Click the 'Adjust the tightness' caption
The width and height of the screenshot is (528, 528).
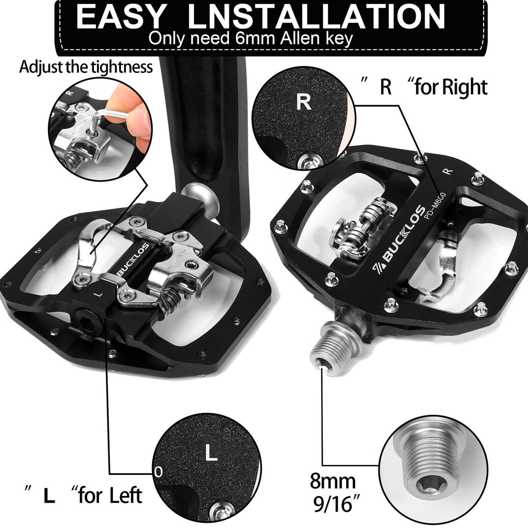tap(86, 67)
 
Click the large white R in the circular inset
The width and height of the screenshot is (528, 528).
tap(303, 102)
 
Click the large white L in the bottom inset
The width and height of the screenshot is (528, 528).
tap(211, 452)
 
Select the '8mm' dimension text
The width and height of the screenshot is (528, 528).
tap(333, 481)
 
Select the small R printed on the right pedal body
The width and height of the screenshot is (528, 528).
tap(447, 171)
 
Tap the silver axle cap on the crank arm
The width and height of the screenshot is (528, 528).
tap(198, 194)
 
